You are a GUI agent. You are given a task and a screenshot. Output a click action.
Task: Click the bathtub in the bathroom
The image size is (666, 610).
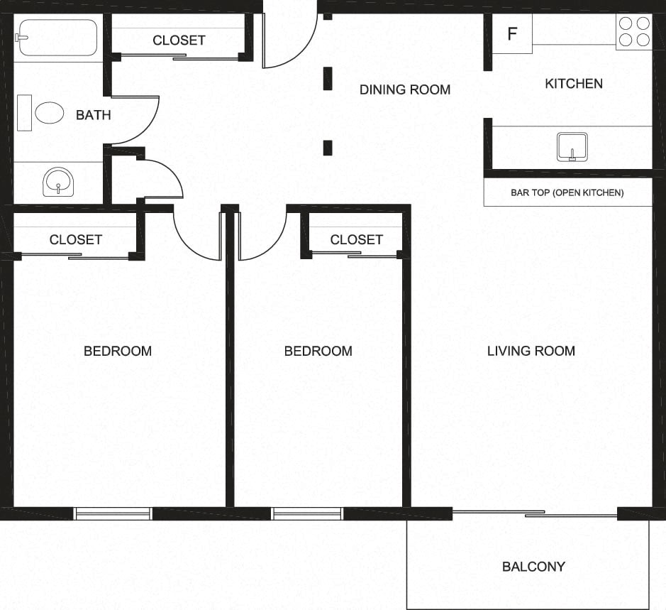pos(57,38)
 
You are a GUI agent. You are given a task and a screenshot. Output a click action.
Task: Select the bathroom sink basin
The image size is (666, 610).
pos(57,180)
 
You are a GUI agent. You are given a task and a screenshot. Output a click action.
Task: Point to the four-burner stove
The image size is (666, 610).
pos(634,32)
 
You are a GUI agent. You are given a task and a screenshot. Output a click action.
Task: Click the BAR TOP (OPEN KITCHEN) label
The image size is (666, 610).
pos(567,192)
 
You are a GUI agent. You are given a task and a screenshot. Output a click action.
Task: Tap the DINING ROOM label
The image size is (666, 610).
pos(404,89)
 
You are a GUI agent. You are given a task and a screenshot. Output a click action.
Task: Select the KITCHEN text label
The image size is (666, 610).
pos(573,84)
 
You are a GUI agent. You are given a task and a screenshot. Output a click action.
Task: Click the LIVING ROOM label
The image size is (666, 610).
pos(531,351)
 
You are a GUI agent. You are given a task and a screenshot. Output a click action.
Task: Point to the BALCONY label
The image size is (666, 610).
pos(533,567)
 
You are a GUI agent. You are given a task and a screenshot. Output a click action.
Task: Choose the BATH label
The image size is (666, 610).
pos(93,115)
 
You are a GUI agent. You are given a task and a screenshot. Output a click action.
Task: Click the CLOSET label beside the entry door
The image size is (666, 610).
pos(179,40)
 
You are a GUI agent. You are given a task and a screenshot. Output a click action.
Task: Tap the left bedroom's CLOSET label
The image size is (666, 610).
pos(75,240)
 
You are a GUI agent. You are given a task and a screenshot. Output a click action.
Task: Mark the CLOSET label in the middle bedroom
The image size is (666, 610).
pos(356,240)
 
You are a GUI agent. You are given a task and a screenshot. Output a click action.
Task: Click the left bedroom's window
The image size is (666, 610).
pos(113,513)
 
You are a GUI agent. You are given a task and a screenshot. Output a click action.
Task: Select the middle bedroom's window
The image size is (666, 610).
pos(307,513)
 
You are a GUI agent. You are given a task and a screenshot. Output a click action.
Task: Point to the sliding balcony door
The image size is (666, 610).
pos(535,513)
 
